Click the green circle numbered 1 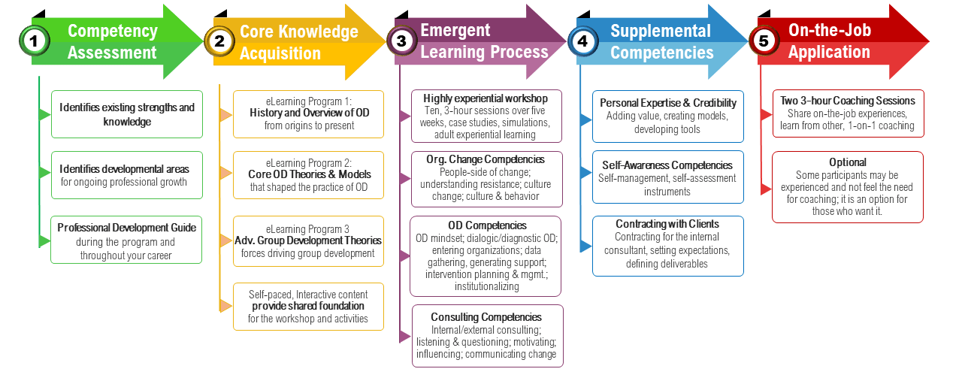(x=35, y=41)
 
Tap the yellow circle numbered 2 (x=219, y=41)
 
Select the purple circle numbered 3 (x=401, y=41)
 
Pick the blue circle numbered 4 (x=582, y=41)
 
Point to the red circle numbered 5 (x=764, y=41)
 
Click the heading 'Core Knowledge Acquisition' (x=299, y=43)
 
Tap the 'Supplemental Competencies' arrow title (x=661, y=41)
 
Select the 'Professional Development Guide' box (x=126, y=240)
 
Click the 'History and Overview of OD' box (x=308, y=114)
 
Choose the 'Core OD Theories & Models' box (x=308, y=175)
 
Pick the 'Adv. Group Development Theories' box (x=308, y=241)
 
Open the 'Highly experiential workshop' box (x=486, y=116)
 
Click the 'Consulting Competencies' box (x=488, y=336)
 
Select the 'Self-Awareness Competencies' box (x=668, y=177)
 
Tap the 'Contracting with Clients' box (x=668, y=246)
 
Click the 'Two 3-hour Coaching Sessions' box (x=849, y=113)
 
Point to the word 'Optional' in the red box (x=847, y=162)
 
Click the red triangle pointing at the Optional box (x=766, y=189)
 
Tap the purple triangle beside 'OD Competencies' (x=404, y=256)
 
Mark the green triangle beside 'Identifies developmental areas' (x=44, y=173)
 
